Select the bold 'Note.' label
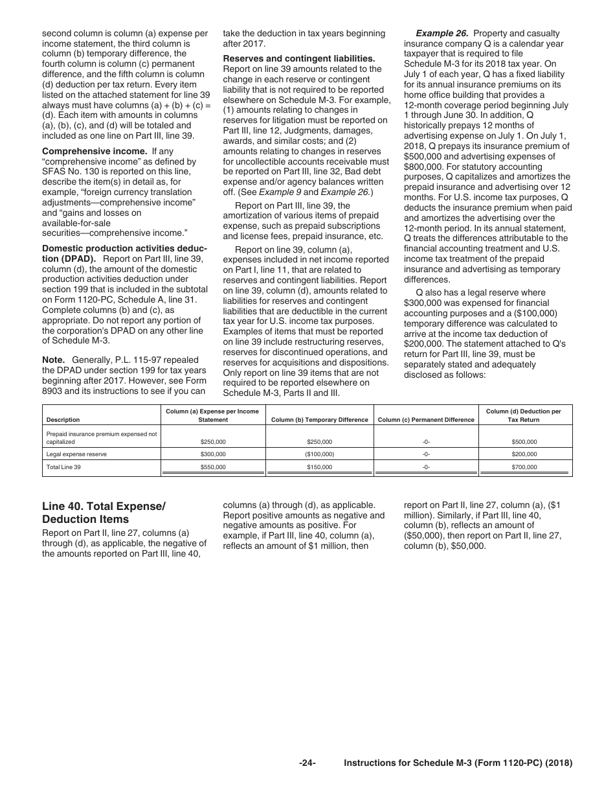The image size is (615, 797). (54, 360)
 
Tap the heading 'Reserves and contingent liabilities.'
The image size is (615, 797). (298, 58)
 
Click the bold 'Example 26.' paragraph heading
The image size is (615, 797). (442, 33)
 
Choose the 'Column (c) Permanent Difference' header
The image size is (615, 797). (426, 420)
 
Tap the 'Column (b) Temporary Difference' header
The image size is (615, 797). (319, 420)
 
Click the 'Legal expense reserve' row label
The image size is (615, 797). (76, 454)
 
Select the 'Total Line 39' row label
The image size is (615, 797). (64, 467)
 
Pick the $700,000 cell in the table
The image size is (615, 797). (524, 467)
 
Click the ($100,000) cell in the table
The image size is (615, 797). (319, 454)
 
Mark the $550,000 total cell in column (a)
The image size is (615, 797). (213, 467)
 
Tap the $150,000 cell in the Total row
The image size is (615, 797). (319, 467)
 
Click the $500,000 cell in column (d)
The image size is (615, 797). (524, 442)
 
